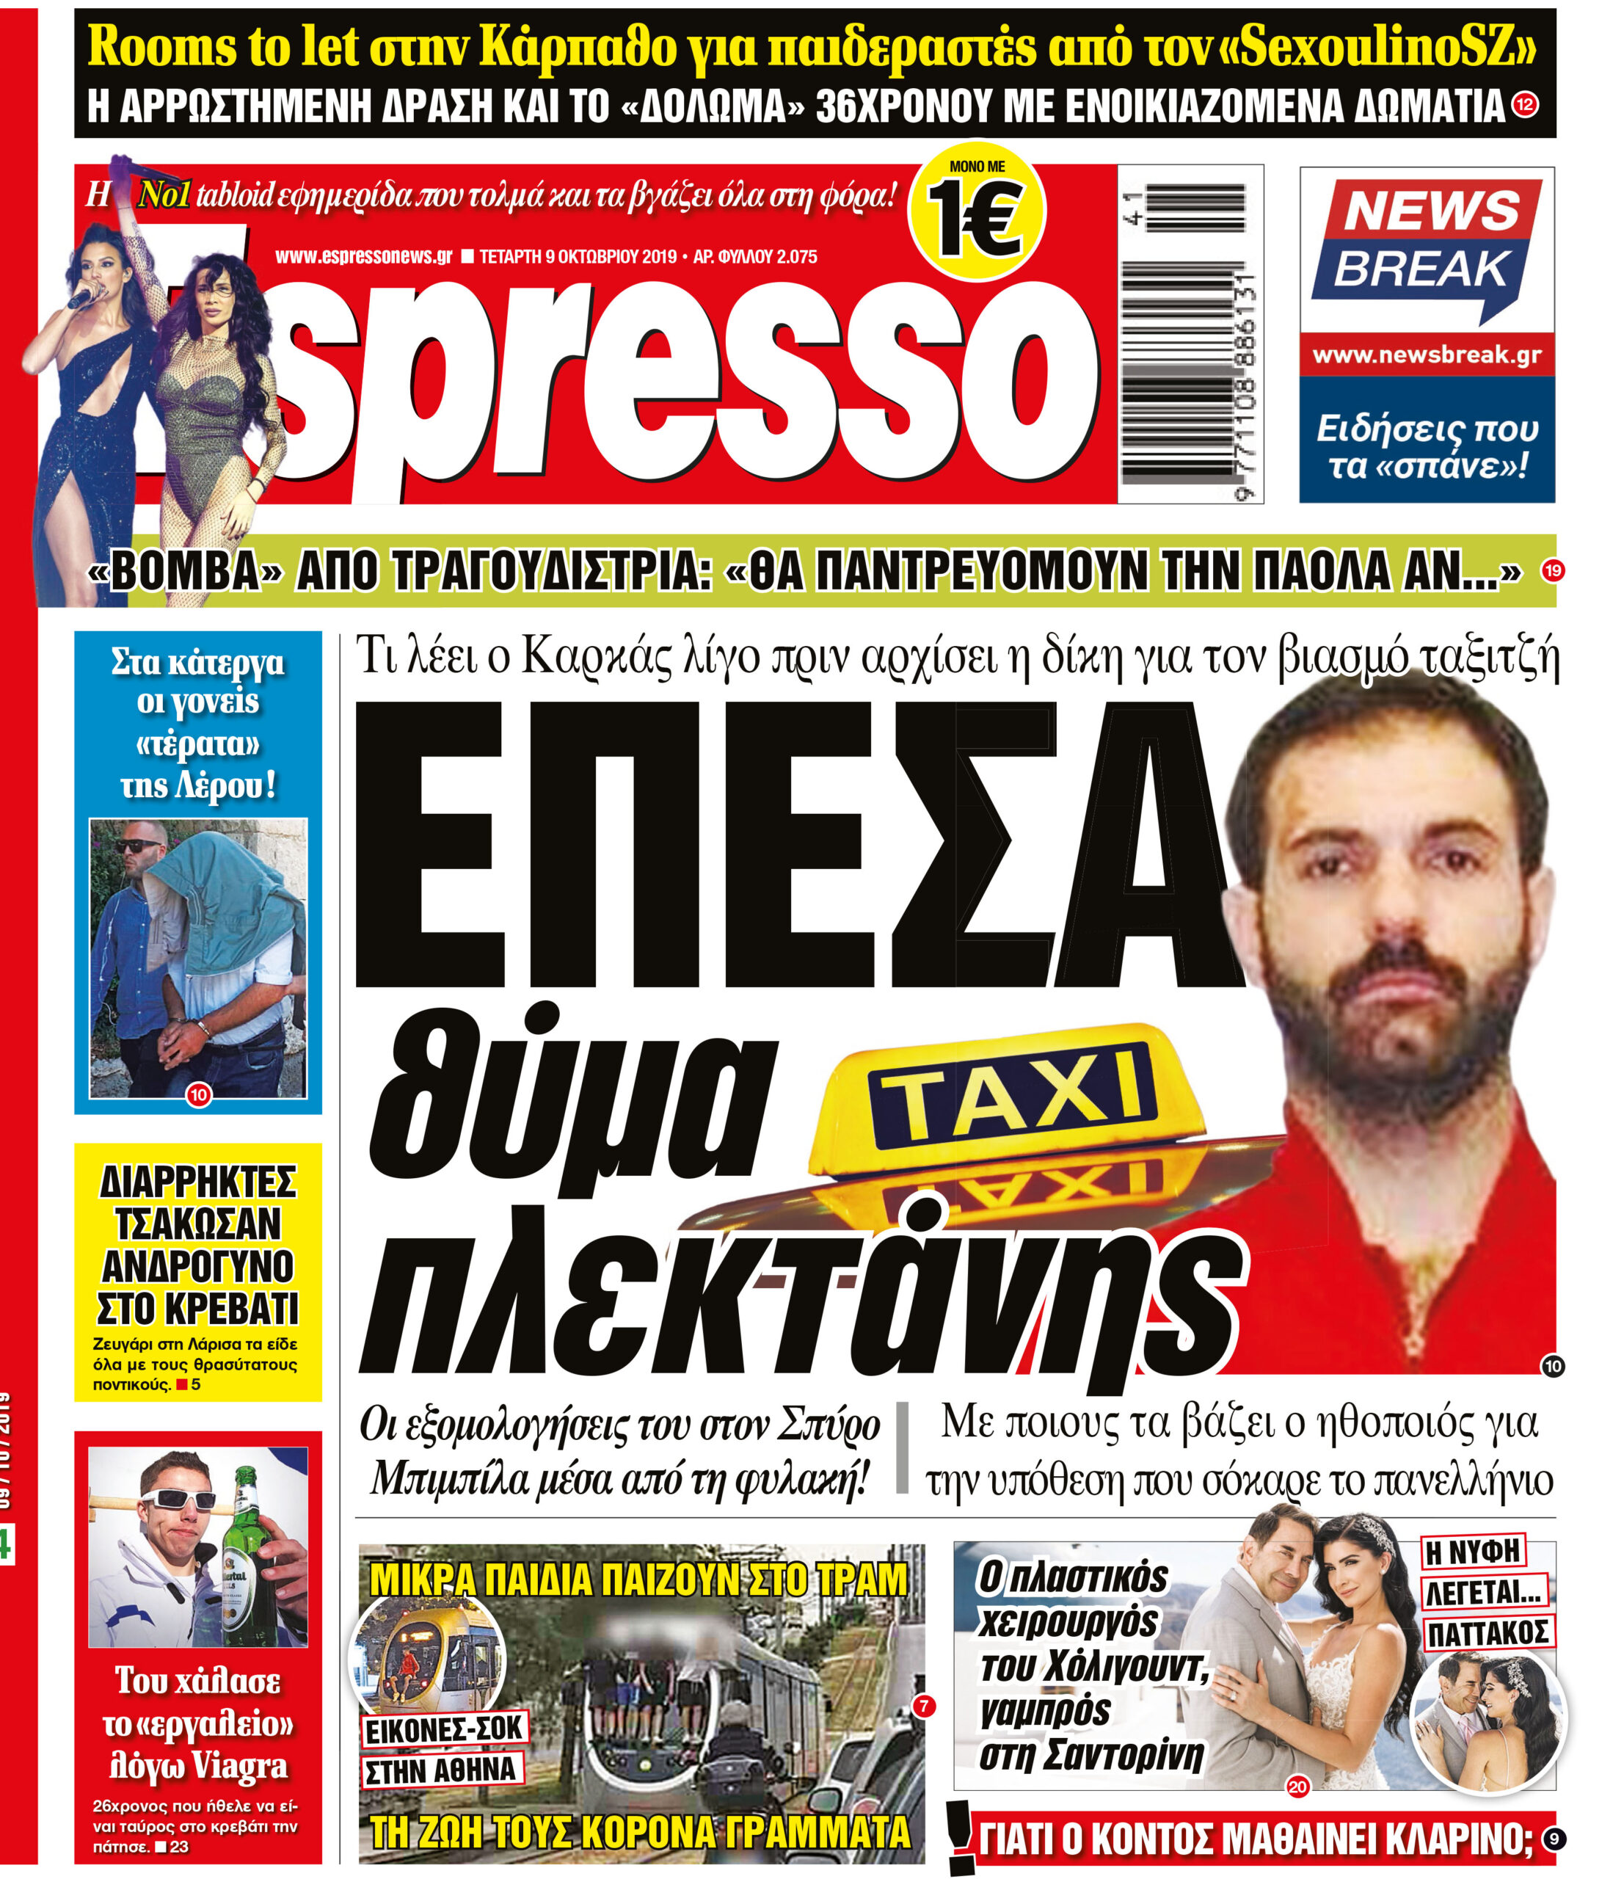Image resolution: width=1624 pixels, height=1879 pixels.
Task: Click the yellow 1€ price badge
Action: [x=977, y=211]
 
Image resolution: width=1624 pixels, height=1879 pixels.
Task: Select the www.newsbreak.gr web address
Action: [x=1427, y=355]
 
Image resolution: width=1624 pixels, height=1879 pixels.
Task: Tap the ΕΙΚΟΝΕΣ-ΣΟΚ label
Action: [x=444, y=1730]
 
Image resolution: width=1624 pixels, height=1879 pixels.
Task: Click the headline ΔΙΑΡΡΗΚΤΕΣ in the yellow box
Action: [x=197, y=1182]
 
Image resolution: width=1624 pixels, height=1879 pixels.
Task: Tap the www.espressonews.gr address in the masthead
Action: [x=363, y=257]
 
